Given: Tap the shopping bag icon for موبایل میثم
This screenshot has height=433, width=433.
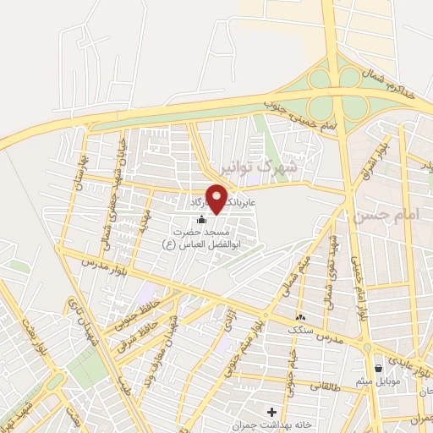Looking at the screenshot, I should pyautogui.click(x=377, y=368).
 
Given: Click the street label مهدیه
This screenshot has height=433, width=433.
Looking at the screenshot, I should pyautogui.click(x=145, y=218).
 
